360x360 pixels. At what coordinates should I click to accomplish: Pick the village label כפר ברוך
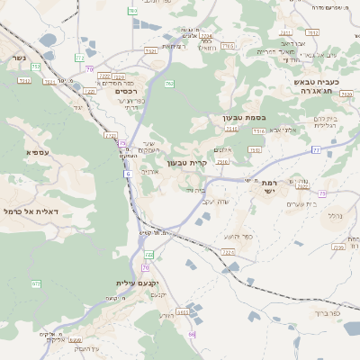point(325,314)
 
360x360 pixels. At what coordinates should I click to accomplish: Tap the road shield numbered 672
point(36,284)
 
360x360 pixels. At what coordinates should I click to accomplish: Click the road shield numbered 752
point(36,66)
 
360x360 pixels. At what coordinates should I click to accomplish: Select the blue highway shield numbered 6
point(128,173)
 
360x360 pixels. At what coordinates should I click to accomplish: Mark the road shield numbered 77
point(316,149)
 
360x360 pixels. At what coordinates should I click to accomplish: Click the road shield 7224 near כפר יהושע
point(229,253)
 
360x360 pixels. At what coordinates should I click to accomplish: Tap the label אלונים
point(225,149)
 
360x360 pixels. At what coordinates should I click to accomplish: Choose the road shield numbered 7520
point(346,93)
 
